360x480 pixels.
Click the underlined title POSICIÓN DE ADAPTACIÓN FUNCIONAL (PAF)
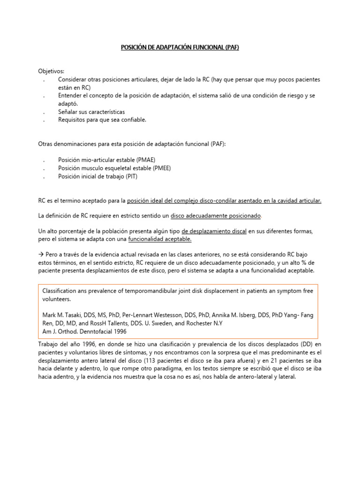pyautogui.click(x=180, y=48)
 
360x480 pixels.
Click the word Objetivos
pyautogui.click(x=51, y=71)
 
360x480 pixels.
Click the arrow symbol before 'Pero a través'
pyautogui.click(x=41, y=254)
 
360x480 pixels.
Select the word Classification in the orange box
pyautogui.click(x=61, y=291)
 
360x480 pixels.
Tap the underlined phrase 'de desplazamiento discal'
pyautogui.click(x=214, y=231)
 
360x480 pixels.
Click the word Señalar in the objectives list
pyautogui.click(x=68, y=112)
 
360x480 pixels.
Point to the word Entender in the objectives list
pyautogui.click(x=70, y=96)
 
